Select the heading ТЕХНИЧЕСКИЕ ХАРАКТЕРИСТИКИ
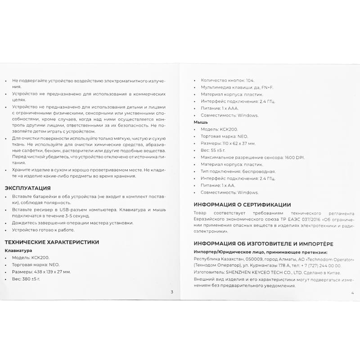[x=51, y=242]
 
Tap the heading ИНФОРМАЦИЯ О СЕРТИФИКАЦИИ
[x=242, y=204]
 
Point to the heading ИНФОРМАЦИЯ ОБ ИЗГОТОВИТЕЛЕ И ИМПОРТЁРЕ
[x=263, y=244]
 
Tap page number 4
[x=352, y=292]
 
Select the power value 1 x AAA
[x=229, y=108]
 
